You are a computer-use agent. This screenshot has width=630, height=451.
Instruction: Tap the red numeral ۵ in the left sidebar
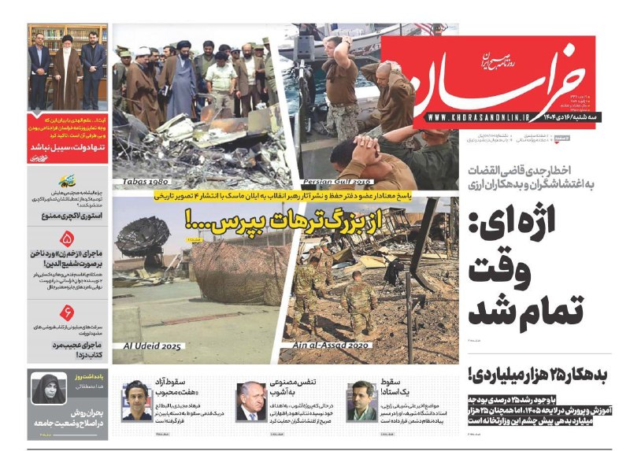pyautogui.click(x=66, y=239)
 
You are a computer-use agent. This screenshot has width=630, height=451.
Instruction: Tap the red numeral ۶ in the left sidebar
pyautogui.click(x=66, y=311)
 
